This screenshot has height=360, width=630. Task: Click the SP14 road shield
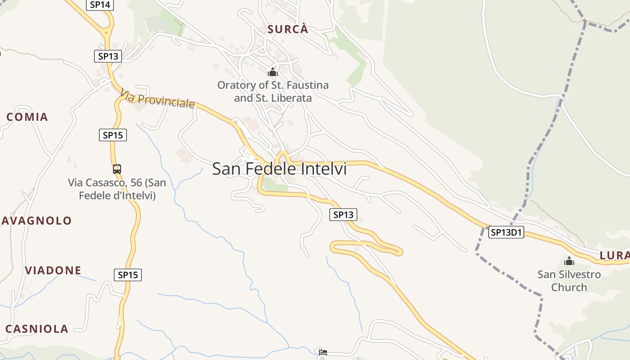(x=100, y=5)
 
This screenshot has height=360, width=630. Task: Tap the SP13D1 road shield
(x=506, y=232)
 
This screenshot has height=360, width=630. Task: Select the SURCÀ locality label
(x=288, y=30)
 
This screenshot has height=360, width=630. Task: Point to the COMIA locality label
(x=27, y=117)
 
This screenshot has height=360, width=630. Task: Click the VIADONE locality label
(x=53, y=270)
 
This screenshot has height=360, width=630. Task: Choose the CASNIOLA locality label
(x=37, y=329)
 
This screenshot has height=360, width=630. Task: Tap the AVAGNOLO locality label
(x=37, y=221)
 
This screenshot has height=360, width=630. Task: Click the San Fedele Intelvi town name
(x=279, y=169)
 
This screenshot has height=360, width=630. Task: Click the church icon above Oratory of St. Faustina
(x=273, y=72)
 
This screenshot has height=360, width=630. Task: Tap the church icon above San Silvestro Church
(x=569, y=261)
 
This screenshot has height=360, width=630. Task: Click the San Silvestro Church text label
(x=569, y=281)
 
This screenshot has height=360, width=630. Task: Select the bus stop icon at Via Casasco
(x=117, y=169)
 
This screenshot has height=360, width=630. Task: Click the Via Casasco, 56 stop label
(x=117, y=189)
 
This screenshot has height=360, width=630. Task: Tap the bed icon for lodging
(x=323, y=352)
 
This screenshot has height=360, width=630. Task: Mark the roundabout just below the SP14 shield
(x=107, y=32)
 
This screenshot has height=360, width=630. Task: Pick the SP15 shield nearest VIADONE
(x=128, y=274)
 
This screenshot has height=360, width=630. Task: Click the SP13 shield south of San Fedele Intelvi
(x=343, y=215)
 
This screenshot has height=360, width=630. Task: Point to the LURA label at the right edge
(x=614, y=256)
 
